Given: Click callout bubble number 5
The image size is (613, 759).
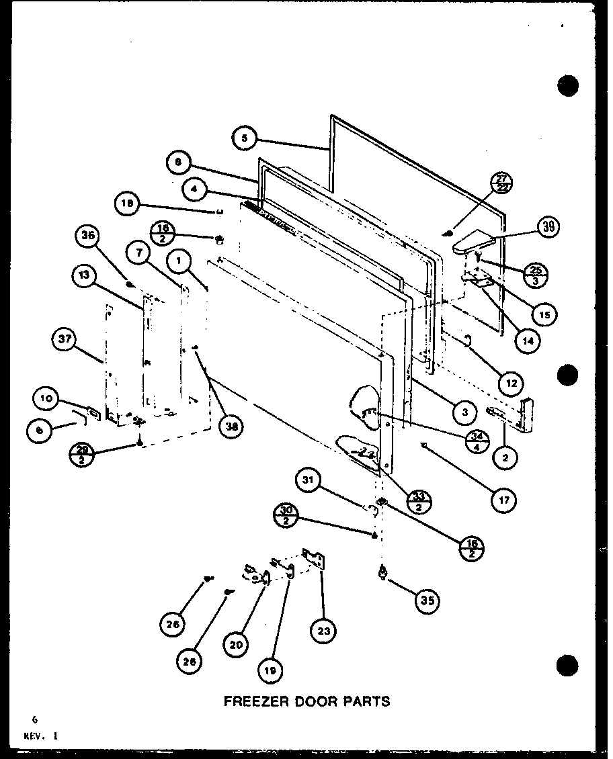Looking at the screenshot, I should point(245,138).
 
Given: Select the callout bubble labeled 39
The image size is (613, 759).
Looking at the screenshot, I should point(550,227).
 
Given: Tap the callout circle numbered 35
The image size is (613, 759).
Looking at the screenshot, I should point(426,600).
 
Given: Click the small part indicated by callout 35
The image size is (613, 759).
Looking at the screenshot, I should point(384,572).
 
